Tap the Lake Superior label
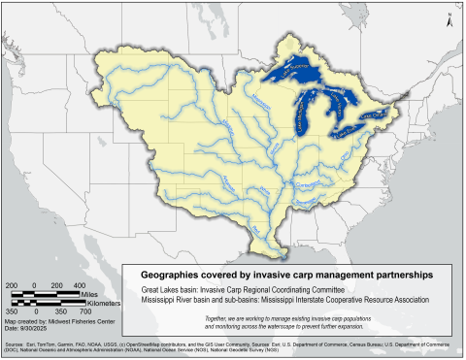pyautogui.click(x=291, y=68)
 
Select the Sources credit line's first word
pyautogui.click(x=17, y=344)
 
